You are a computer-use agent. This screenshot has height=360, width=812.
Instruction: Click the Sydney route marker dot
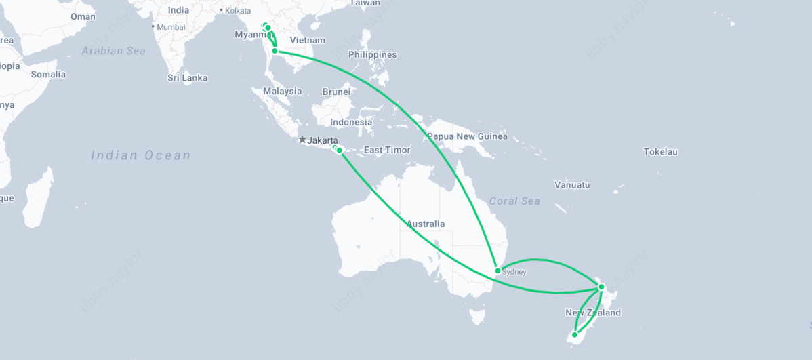[498, 271]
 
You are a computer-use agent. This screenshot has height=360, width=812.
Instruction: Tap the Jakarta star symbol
[302, 140]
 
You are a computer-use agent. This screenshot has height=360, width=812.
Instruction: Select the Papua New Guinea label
[467, 136]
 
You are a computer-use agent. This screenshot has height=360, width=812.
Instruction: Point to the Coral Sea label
[514, 201]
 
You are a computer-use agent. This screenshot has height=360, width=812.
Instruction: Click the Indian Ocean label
[141, 155]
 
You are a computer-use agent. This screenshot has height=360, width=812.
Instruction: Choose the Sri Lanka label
[188, 78]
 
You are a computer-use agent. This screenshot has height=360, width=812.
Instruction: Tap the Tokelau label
[660, 152]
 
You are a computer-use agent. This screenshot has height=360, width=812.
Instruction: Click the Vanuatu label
[572, 185]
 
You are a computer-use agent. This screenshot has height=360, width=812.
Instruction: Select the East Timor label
[387, 150]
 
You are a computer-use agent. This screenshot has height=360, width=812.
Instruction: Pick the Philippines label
[373, 54]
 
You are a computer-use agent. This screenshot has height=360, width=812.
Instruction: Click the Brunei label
[336, 92]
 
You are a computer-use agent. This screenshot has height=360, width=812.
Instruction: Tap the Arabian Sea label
[114, 51]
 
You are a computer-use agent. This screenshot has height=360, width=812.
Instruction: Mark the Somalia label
[48, 74]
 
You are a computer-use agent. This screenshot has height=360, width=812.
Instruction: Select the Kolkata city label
[237, 11]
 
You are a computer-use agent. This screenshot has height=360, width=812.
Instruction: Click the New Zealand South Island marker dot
[575, 334]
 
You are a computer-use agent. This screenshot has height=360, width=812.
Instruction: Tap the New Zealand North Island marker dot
[601, 287]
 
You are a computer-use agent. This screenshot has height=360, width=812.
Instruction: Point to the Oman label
[83, 16]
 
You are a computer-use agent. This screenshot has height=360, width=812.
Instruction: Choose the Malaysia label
[283, 91]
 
